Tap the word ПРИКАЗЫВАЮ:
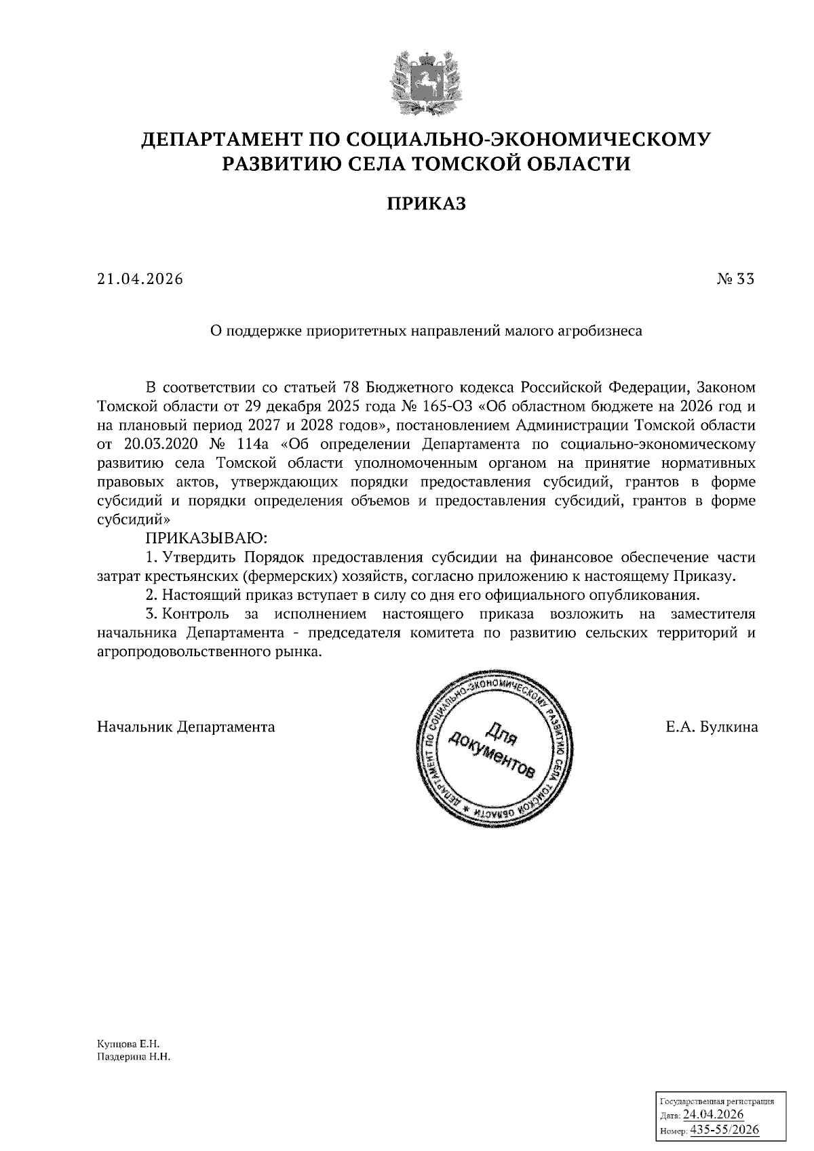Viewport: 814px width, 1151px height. (x=207, y=539)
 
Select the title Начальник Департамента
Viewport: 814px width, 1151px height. (x=186, y=727)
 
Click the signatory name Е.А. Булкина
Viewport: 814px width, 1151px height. (x=712, y=727)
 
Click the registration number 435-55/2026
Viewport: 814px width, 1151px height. (x=724, y=1130)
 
